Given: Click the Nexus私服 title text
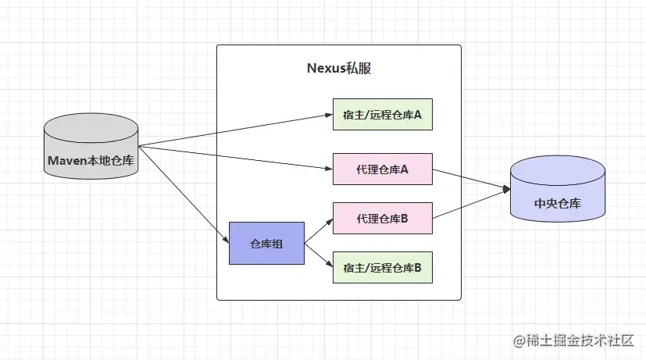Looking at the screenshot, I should tap(338, 68).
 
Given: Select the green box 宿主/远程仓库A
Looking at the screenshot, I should tap(382, 115).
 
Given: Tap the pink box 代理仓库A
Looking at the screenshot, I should tap(382, 169).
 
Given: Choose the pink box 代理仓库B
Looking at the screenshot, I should tap(382, 218).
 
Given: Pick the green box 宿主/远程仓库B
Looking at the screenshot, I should tap(382, 268).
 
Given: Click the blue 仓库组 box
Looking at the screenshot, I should tap(266, 243).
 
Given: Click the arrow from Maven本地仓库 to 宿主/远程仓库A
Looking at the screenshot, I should tap(234, 130).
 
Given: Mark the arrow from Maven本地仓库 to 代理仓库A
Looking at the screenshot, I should tap(234, 157).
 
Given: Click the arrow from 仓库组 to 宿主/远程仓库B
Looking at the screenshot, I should tap(319, 255).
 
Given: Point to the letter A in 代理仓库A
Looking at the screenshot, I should tap(405, 169).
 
